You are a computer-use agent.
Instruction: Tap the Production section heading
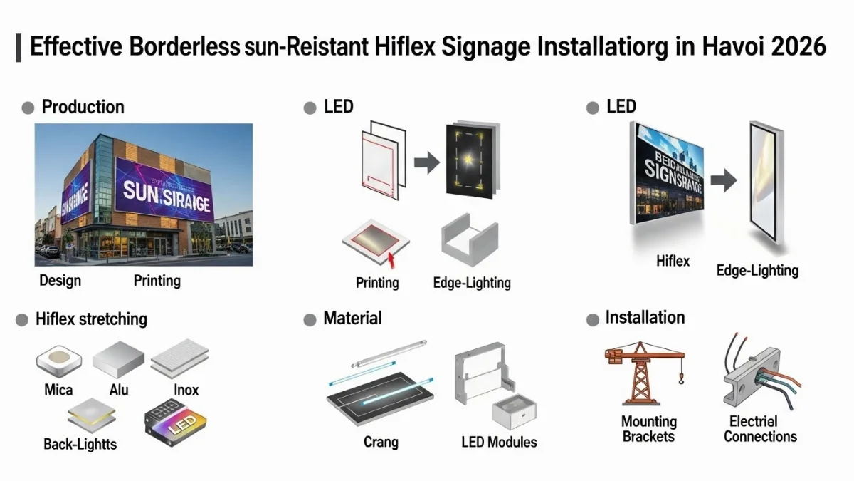[x=83, y=107]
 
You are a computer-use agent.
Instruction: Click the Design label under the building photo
[x=60, y=280]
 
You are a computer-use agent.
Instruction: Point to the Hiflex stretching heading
[x=91, y=319]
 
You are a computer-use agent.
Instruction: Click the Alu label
[x=119, y=390]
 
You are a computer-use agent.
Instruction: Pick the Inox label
[x=186, y=390]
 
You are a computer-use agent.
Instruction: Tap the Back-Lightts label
[x=80, y=444]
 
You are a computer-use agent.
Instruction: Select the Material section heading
[x=352, y=318]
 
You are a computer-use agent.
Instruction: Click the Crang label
[x=381, y=442]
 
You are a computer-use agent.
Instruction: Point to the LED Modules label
[x=499, y=442]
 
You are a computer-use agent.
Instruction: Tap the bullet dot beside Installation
[x=592, y=320]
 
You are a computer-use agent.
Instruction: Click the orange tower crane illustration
[x=642, y=371]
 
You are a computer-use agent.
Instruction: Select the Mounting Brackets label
[x=648, y=429]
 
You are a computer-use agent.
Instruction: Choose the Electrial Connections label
[x=760, y=429]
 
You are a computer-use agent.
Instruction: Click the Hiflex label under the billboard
[x=673, y=261]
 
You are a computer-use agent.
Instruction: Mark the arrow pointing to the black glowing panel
[x=426, y=163]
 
